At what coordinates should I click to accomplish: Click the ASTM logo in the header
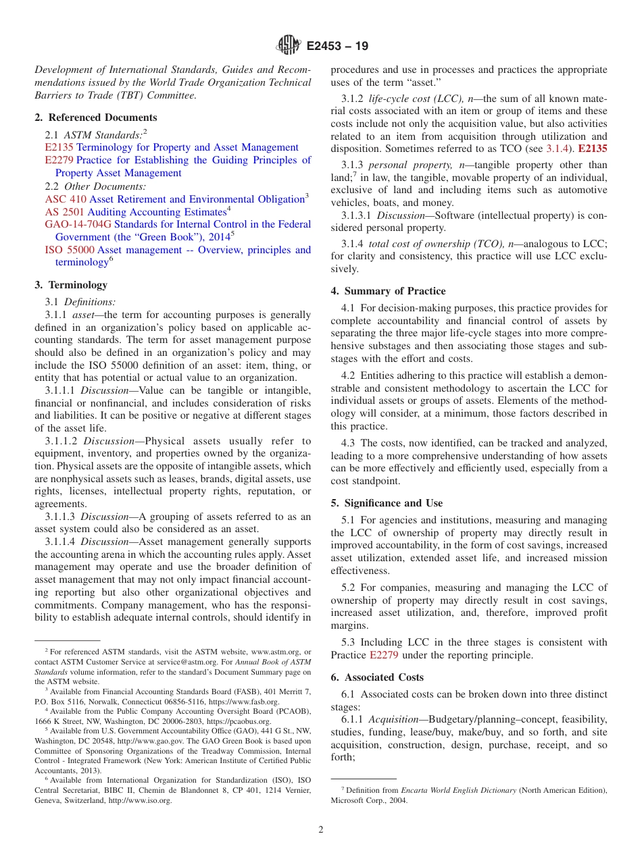[x=289, y=45]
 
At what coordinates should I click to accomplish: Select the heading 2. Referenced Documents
[x=96, y=118]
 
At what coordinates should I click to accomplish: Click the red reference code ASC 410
[x=66, y=199]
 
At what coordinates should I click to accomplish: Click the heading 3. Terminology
[x=71, y=285]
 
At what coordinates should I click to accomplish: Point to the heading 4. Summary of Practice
[x=388, y=291]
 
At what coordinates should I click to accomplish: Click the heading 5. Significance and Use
[x=387, y=503]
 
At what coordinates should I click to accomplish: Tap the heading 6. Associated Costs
[x=377, y=677]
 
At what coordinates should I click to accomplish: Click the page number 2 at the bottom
[x=321, y=830]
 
